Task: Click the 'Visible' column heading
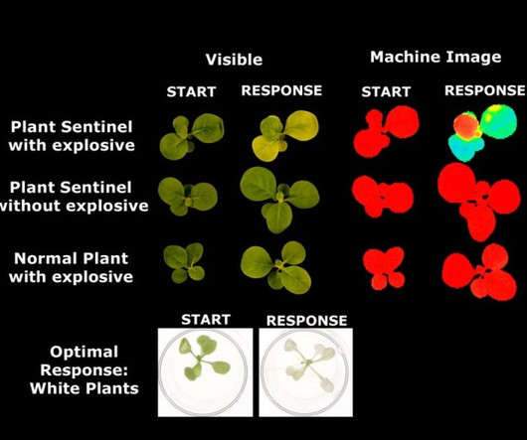[234, 60]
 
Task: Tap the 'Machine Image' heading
[436, 58]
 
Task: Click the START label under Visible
[191, 91]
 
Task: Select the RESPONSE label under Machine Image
[485, 90]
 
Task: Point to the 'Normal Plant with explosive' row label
[72, 267]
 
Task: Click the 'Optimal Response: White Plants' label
[85, 369]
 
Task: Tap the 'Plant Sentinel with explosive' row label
[72, 136]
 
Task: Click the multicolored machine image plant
[482, 133]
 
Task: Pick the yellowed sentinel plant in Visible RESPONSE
[285, 136]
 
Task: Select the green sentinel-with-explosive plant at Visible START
[192, 136]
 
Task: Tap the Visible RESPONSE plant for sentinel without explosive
[279, 200]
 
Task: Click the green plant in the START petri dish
[203, 358]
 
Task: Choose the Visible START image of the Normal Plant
[184, 263]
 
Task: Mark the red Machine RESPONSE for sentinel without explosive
[478, 202]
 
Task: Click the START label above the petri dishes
[206, 320]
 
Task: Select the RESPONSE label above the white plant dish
[306, 321]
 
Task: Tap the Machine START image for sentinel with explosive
[386, 132]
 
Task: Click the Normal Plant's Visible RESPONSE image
[276, 267]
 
